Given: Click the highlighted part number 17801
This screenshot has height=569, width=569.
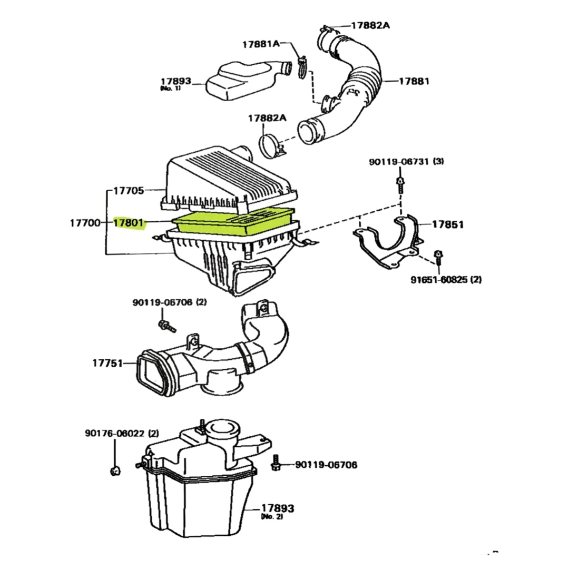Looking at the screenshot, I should pos(129,223).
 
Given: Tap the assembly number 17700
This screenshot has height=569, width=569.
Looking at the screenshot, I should pos(85,223).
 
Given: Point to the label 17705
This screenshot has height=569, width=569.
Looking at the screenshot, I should pos(129,190).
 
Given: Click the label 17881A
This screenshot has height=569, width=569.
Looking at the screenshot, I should pos(261,45).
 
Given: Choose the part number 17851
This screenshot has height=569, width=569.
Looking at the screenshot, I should pos(448,224).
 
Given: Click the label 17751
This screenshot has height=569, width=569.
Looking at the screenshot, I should pos(107,363).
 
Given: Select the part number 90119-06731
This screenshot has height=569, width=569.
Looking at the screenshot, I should pos(399,162).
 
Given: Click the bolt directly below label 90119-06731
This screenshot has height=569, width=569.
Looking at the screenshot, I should pos(400,185).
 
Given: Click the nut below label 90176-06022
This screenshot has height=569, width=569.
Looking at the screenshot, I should pos(115,470).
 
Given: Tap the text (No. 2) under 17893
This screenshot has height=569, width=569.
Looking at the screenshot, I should pos(272,517).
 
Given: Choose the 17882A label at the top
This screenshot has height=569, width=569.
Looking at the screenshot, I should pos(370,25).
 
